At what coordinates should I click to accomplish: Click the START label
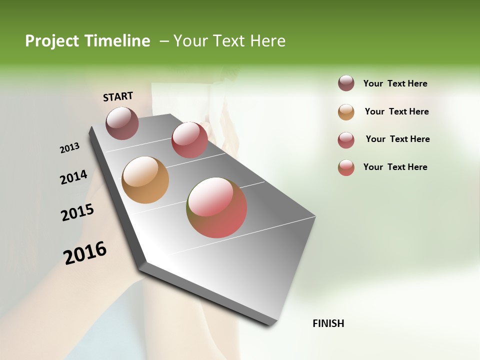click(118, 96)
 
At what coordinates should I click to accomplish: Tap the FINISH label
click(328, 323)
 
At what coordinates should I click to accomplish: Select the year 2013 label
click(69, 147)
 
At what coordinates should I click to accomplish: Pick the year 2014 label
click(73, 177)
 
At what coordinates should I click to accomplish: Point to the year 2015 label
click(77, 212)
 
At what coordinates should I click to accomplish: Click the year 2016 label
click(85, 252)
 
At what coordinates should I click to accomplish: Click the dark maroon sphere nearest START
click(122, 123)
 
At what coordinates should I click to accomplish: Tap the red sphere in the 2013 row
click(189, 140)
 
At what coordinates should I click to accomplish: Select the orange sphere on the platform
click(145, 180)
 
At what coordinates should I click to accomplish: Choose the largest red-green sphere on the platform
click(216, 207)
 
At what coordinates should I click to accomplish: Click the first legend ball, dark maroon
click(346, 83)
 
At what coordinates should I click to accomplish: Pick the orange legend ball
click(346, 112)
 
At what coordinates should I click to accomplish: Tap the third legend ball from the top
click(346, 140)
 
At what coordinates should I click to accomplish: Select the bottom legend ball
click(346, 167)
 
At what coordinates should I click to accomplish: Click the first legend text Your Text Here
click(395, 83)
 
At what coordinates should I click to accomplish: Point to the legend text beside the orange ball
click(396, 111)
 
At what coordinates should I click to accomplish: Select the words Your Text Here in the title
click(229, 41)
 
